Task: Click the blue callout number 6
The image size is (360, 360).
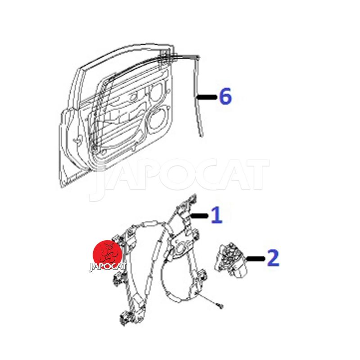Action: click(x=225, y=97)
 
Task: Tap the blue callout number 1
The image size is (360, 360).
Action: click(x=217, y=215)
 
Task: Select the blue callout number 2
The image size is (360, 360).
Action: click(x=273, y=258)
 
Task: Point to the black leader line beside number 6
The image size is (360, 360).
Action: click(x=207, y=97)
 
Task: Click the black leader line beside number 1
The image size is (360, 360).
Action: click(x=199, y=216)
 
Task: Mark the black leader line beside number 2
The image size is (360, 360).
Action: click(x=256, y=259)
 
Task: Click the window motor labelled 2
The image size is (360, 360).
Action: click(x=230, y=260)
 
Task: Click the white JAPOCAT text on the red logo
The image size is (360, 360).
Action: click(x=108, y=267)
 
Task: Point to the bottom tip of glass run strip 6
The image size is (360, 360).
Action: click(x=202, y=136)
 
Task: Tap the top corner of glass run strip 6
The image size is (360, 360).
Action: click(x=198, y=56)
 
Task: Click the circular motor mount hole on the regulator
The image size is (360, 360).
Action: click(x=181, y=248)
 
